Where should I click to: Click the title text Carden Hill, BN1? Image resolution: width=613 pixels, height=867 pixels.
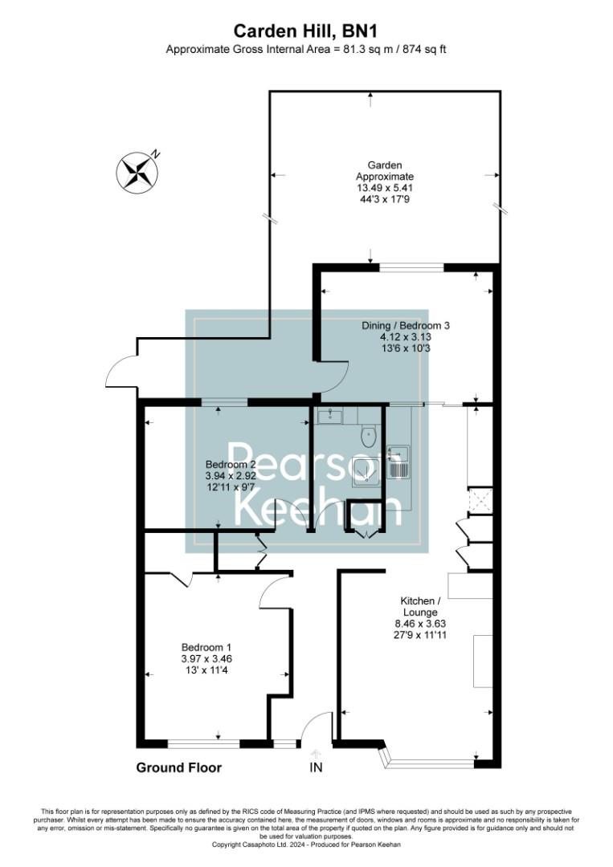tap(305, 31)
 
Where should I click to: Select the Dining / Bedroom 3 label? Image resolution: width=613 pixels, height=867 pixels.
tap(404, 326)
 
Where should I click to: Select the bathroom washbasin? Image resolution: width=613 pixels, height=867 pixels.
tap(329, 415)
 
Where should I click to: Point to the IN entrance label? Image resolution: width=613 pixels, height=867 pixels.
tap(316, 767)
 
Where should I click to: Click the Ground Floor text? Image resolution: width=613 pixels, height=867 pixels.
tap(178, 767)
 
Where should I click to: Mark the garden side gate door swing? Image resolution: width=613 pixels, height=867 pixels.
tap(122, 372)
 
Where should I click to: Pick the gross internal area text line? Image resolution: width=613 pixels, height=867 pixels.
tap(305, 50)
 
